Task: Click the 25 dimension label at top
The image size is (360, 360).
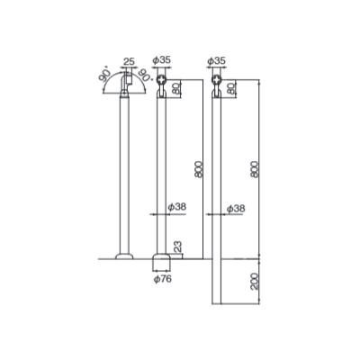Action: (129, 62)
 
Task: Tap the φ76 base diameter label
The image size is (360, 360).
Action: (163, 279)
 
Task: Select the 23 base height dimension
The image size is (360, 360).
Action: (177, 247)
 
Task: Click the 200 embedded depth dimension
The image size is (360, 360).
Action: (255, 281)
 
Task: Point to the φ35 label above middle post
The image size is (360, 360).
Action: (161, 60)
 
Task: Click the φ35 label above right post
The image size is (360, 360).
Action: (216, 61)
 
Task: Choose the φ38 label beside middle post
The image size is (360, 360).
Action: (177, 207)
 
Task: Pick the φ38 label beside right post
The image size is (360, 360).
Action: (236, 208)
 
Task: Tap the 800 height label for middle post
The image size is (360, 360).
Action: (199, 169)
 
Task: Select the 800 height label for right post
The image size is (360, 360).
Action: (255, 169)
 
